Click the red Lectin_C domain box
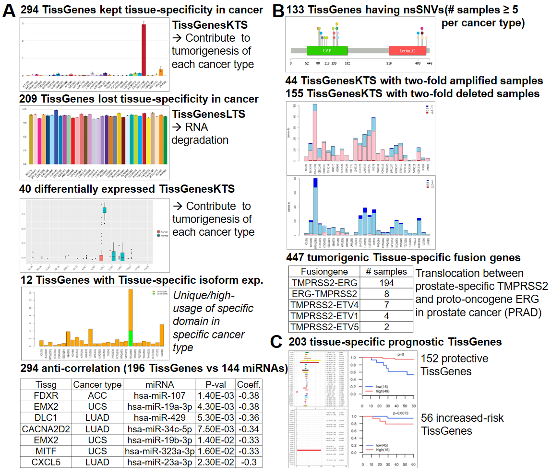(x=407, y=50)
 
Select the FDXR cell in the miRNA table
(x=46, y=396)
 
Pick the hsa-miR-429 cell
(x=159, y=418)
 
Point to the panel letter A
(x=10, y=12)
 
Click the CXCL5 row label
(x=46, y=462)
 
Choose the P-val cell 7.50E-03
(x=215, y=429)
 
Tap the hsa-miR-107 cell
(x=159, y=396)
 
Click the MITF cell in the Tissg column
(x=46, y=451)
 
